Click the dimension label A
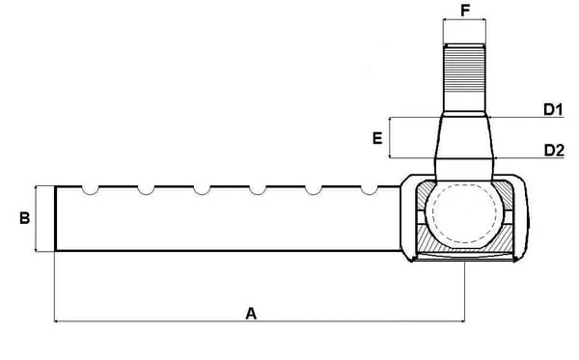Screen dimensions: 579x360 (x=251, y=314)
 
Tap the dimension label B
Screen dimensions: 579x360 (x=24, y=218)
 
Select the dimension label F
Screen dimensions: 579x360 (x=465, y=11)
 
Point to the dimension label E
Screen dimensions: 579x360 (x=377, y=138)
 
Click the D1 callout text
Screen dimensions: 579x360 (x=553, y=110)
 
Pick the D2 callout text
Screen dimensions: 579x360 (x=554, y=151)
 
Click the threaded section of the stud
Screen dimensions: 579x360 (x=464, y=69)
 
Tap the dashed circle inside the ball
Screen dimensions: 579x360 (x=464, y=185)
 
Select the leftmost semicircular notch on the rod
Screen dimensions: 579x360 (x=91, y=193)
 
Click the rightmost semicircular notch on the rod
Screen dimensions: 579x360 (x=369, y=193)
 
